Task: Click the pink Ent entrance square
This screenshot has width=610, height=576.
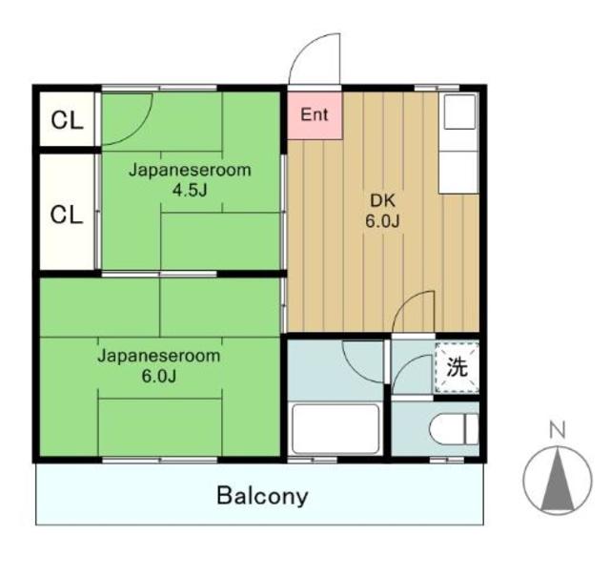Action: click(314, 114)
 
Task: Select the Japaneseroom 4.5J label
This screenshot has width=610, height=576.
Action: click(190, 179)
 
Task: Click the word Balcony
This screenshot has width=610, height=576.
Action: click(262, 496)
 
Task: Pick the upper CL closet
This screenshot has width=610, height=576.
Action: click(67, 120)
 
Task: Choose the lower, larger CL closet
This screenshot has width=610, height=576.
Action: click(67, 214)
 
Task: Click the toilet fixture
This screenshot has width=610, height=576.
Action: click(454, 430)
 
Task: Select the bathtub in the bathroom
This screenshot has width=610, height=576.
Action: click(335, 428)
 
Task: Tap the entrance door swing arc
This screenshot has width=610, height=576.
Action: click(315, 59)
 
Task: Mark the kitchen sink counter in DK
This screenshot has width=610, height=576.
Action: click(457, 171)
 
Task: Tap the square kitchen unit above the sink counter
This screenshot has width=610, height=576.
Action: click(458, 113)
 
